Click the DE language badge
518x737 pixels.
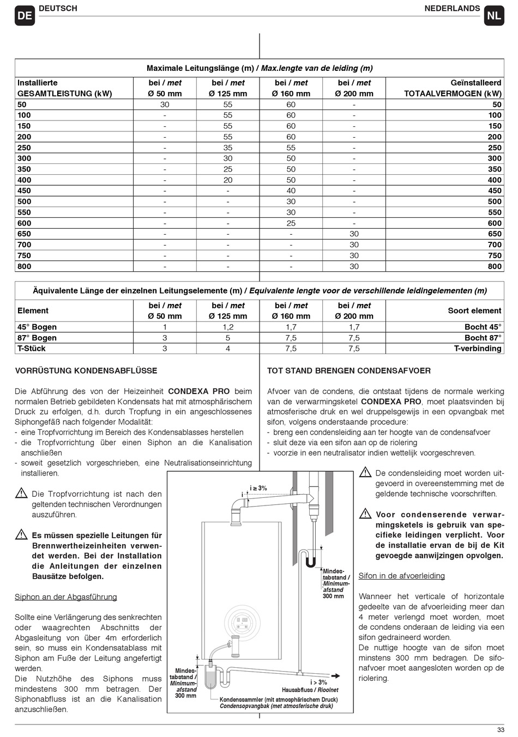(25, 16)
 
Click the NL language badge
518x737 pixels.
(493, 16)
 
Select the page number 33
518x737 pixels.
(501, 730)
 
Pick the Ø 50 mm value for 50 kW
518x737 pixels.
(165, 105)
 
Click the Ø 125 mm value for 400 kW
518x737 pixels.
(228, 180)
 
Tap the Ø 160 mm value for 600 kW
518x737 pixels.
(291, 223)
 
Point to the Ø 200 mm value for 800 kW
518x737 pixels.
(354, 266)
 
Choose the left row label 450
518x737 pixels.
(24, 191)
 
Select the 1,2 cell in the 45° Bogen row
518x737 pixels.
(228, 327)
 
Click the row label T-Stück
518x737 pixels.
(32, 349)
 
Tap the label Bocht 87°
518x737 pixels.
(483, 338)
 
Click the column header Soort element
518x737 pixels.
(474, 310)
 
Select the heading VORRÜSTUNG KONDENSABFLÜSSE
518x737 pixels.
(86, 371)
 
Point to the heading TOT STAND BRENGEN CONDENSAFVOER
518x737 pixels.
(349, 371)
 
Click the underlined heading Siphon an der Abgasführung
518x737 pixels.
(66, 597)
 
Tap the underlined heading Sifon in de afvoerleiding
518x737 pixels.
(402, 576)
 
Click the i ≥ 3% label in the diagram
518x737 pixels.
(258, 488)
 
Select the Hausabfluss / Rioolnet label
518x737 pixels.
(310, 690)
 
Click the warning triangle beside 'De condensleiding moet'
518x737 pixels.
(365, 473)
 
